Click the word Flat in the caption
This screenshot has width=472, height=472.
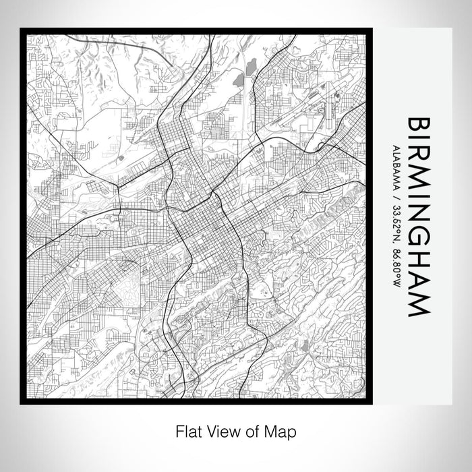pos(188,430)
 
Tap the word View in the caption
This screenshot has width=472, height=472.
pos(220,430)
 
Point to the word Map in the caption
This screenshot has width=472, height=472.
pos(283,430)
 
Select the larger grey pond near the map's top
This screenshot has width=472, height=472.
pos(252,67)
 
